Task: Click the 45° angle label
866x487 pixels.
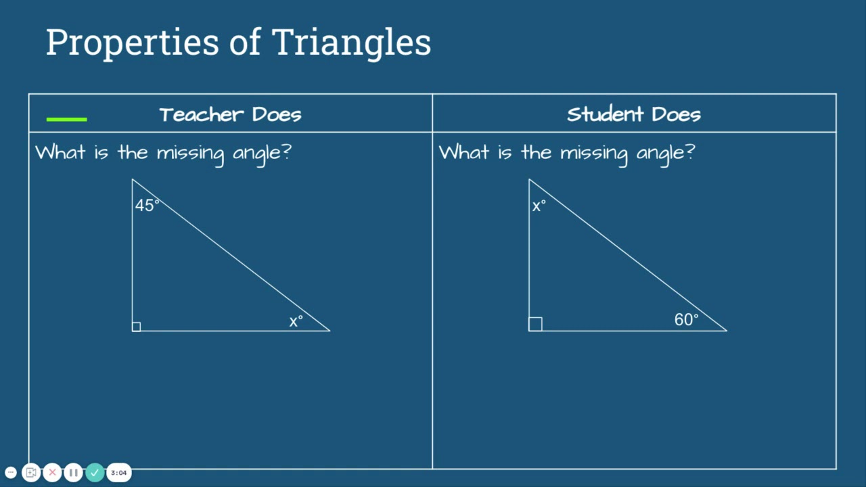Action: click(147, 205)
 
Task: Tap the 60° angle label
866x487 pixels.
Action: click(686, 319)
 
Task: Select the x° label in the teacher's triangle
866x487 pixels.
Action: click(296, 321)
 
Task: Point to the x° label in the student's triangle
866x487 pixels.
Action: click(539, 206)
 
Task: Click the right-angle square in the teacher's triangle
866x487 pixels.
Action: click(136, 327)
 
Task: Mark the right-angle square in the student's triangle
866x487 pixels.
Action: click(535, 324)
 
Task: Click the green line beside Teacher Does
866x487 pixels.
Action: click(66, 119)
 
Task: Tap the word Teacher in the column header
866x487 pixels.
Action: click(202, 114)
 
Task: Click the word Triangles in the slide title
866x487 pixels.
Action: click(351, 42)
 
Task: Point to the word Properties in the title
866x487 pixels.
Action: click(133, 43)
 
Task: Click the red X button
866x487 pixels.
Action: click(52, 472)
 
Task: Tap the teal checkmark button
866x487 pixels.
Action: click(95, 472)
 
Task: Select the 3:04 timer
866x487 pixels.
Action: click(118, 472)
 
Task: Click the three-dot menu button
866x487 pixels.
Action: click(11, 472)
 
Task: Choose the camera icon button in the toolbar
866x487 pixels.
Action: click(31, 472)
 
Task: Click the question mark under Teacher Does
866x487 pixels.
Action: click(287, 151)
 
